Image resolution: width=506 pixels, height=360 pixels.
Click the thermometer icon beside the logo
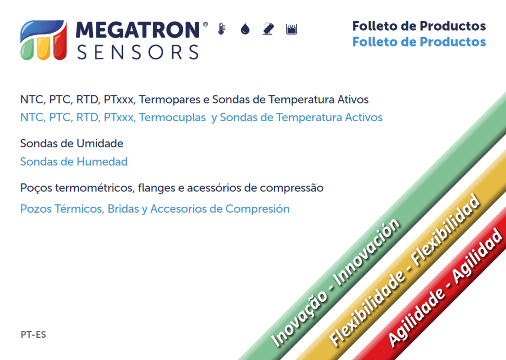pyautogui.click(x=222, y=29)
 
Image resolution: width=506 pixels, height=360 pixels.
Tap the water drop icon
pyautogui.click(x=245, y=29)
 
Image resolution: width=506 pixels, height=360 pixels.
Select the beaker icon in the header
pyautogui.click(x=292, y=29)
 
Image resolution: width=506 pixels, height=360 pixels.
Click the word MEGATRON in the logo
pyautogui.click(x=138, y=30)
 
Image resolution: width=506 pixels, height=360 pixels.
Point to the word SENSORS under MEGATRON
pyautogui.click(x=138, y=52)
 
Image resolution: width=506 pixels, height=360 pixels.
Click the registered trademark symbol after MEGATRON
pyautogui.click(x=205, y=24)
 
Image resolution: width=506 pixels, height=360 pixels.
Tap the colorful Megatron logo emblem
pyautogui.click(x=43, y=40)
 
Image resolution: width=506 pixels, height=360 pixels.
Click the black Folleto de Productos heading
pyautogui.click(x=419, y=26)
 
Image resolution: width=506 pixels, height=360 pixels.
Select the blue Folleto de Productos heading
pyautogui.click(x=419, y=42)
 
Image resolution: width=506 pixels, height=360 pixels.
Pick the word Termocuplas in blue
pyautogui.click(x=172, y=118)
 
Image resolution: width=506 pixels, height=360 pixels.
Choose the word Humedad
pyautogui.click(x=104, y=161)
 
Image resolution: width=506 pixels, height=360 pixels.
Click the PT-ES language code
pyautogui.click(x=33, y=335)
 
